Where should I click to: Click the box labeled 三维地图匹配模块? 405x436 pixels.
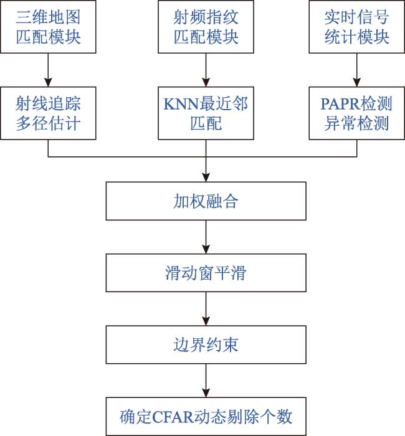[x=48, y=27]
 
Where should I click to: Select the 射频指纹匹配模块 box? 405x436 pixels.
[x=206, y=27]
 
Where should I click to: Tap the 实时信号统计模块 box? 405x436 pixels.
[x=357, y=27]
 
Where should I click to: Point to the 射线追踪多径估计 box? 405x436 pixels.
[x=48, y=113]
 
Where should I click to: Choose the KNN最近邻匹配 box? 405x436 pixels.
[x=206, y=113]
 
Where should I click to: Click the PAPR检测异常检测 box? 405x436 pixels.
[x=357, y=113]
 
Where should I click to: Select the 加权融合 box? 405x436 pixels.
[x=206, y=201]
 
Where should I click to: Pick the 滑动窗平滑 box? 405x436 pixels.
[x=206, y=273]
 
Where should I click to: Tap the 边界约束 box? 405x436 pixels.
[x=206, y=345]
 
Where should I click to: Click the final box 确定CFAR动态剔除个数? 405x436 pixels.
[x=206, y=417]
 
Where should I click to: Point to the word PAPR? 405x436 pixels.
[x=340, y=104]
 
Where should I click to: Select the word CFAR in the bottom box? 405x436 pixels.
[x=173, y=417]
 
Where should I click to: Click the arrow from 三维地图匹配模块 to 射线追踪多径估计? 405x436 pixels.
[x=48, y=70]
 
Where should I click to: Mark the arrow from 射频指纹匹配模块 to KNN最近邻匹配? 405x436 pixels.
[x=206, y=70]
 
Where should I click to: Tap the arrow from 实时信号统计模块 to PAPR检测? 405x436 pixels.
[x=357, y=70]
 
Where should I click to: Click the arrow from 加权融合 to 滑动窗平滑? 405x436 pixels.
[x=206, y=237]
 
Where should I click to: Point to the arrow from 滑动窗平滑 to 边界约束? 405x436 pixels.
[x=206, y=309]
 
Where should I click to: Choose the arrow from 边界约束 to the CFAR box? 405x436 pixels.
[x=206, y=381]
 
